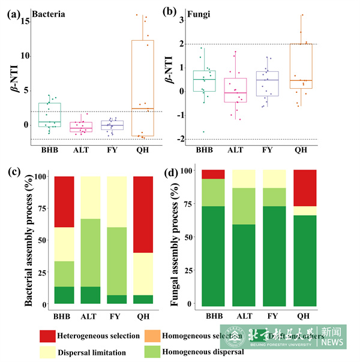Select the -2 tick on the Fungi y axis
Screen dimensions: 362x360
coord(181,139)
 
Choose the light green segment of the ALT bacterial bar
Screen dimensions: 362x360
coord(90,252)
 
